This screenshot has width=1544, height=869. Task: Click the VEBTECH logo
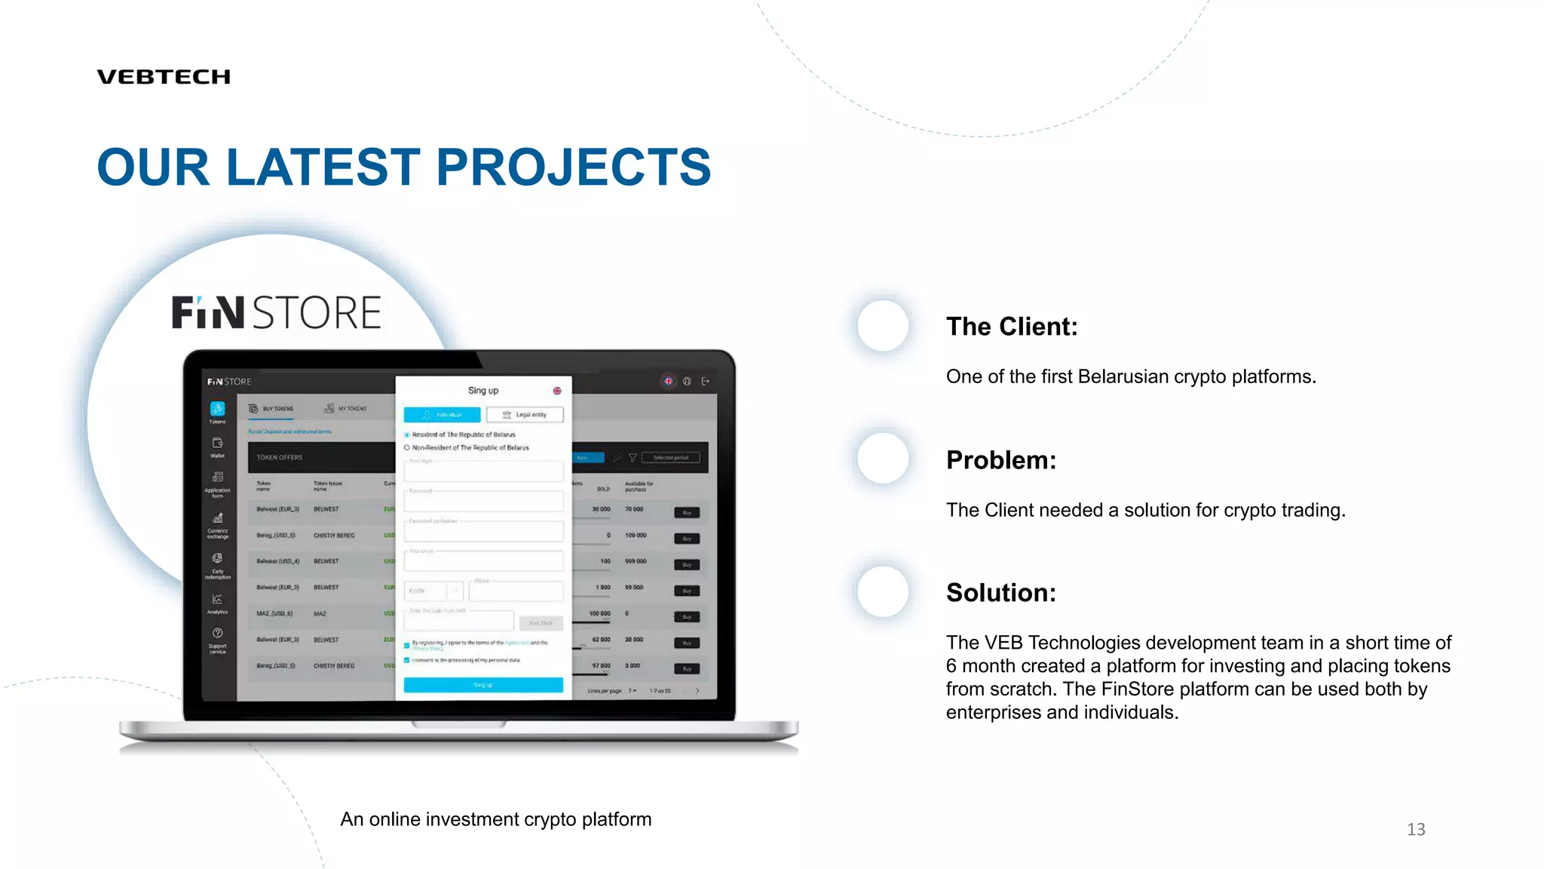point(164,77)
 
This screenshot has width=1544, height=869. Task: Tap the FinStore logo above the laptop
point(276,312)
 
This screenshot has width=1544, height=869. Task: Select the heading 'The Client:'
point(1012,327)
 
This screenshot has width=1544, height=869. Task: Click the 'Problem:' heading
point(1001,460)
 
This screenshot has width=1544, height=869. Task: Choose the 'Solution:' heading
point(1001,593)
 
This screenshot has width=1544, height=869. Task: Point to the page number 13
point(1416,830)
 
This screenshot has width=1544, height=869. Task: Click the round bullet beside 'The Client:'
point(883,326)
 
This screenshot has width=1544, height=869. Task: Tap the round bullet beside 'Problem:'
point(883,459)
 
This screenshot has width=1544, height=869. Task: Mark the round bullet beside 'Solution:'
point(883,592)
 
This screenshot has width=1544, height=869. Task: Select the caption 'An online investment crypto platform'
point(495,819)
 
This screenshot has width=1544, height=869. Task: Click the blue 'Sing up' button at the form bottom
point(483,685)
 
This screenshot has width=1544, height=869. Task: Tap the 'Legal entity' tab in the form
point(525,415)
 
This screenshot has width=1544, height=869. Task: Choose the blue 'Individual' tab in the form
point(442,415)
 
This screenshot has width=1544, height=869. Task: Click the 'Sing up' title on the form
point(483,391)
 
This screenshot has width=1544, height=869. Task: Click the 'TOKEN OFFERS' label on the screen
point(279,457)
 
